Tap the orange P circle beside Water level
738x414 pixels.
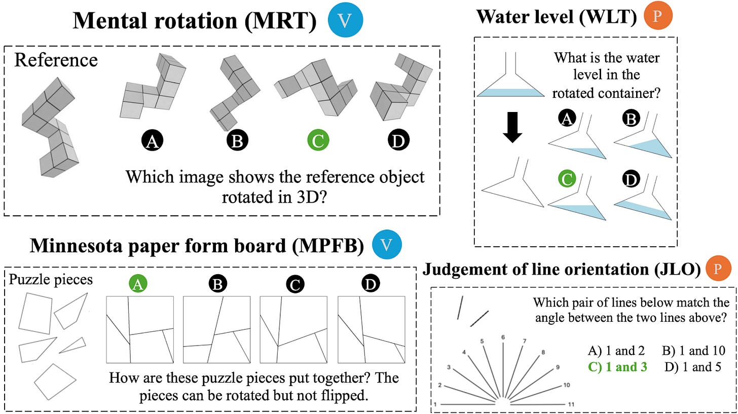coord(657,17)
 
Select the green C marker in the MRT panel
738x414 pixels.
coord(318,141)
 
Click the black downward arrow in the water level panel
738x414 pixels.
coord(512,130)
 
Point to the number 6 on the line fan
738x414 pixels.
coord(503,337)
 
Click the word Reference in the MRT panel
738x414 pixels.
coord(56,60)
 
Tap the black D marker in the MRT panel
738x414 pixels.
coord(398,141)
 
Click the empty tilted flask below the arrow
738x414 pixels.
coord(514,185)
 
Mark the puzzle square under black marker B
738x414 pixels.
coord(216,329)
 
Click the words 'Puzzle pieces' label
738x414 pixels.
coord(51,279)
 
